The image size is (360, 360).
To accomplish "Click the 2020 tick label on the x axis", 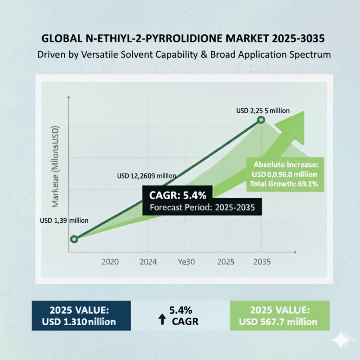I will tap(110, 262).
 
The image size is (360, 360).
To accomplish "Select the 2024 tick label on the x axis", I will tap(149, 262).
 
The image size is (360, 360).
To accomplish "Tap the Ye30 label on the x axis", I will tap(186, 262).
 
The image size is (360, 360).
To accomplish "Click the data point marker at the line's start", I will tap(74, 239).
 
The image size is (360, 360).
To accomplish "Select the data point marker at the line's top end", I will tap(261, 120).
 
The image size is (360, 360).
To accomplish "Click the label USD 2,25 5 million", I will tap(263, 111).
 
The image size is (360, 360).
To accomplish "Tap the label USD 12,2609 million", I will tap(146, 176).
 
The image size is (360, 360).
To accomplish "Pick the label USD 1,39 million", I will tap(64, 220).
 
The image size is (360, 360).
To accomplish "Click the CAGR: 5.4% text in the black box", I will tap(178, 196).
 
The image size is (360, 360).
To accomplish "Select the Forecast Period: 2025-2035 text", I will tap(202, 208).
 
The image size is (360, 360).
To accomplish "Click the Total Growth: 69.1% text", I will tap(284, 184).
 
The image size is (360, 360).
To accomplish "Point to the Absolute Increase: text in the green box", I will tap(285, 164).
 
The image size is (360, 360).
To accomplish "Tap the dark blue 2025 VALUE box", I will tap(81, 316).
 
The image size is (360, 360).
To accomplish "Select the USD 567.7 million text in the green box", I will tap(278, 322).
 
